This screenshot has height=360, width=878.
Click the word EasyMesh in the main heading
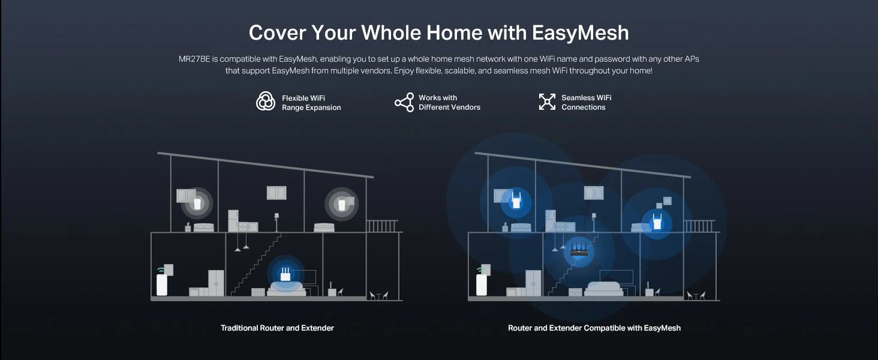click(580, 33)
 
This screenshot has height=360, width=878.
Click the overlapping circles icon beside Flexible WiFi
click(266, 101)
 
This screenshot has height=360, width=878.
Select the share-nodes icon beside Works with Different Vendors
click(404, 103)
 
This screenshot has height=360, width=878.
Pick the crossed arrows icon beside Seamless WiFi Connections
click(547, 101)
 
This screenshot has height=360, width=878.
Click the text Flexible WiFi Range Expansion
click(311, 103)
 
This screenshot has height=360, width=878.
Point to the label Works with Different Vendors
click(449, 103)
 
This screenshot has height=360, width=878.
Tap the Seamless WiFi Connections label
click(586, 103)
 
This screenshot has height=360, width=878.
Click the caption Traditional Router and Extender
click(277, 328)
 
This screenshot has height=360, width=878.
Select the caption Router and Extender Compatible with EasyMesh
click(594, 328)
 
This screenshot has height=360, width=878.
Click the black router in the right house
click(579, 250)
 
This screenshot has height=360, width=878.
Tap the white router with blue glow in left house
click(285, 274)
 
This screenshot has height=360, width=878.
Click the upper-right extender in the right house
click(657, 221)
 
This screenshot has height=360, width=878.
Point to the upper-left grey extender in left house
click(197, 203)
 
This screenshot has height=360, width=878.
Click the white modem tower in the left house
click(162, 284)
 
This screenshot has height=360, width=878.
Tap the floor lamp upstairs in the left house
click(276, 222)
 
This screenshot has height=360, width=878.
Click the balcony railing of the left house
click(382, 226)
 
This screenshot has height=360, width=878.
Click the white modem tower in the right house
click(482, 284)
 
